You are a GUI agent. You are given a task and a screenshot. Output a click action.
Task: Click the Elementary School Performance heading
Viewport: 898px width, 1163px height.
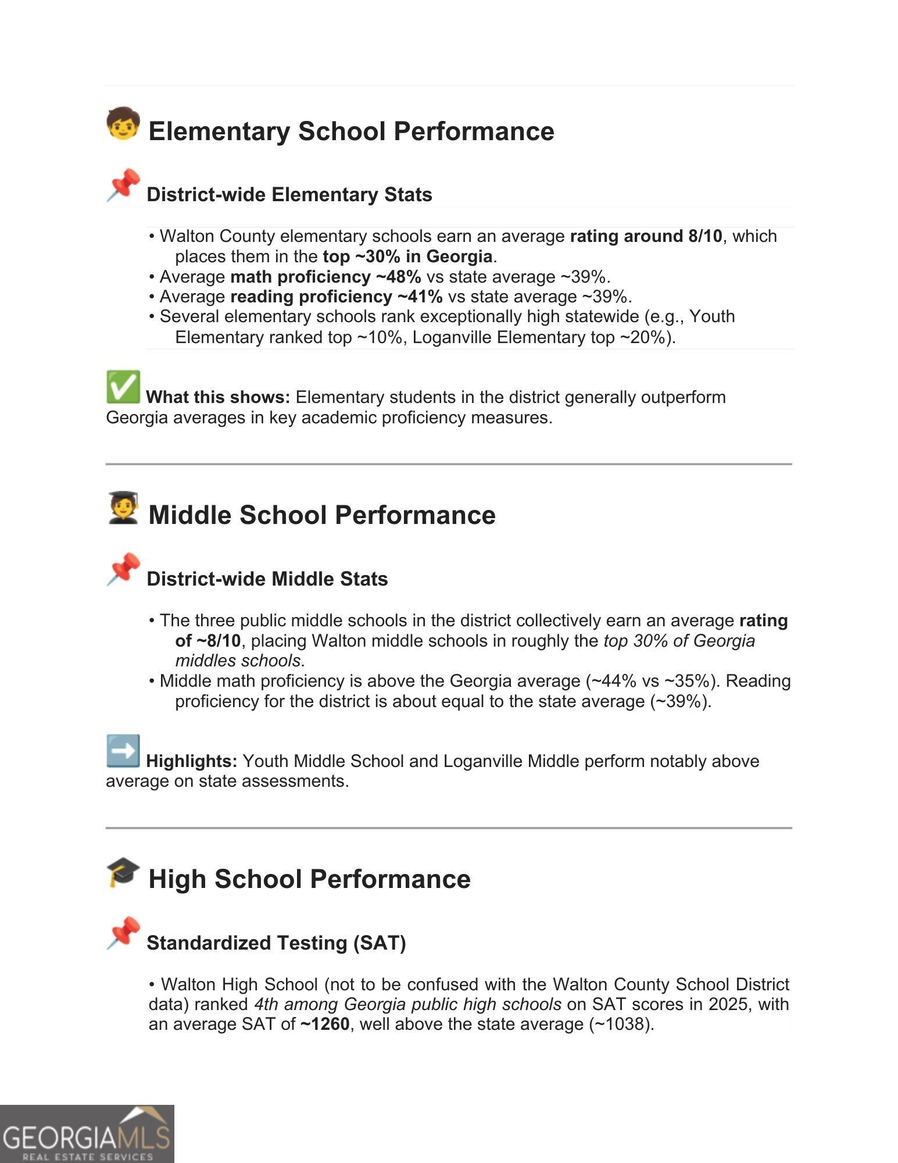coord(351,131)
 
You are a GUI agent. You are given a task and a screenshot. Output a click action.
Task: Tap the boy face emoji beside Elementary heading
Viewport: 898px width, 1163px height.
coord(123,123)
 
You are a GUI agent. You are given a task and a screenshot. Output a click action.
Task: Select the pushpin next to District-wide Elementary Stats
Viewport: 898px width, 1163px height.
coord(123,185)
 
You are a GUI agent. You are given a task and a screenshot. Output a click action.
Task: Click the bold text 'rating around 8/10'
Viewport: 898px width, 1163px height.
coord(646,236)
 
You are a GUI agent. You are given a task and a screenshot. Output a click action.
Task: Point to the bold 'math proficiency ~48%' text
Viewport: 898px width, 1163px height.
coord(325,277)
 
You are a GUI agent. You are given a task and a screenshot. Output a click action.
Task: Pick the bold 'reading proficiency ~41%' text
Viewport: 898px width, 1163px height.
coord(336,297)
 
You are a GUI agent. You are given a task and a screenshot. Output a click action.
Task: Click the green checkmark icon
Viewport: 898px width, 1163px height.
coord(123,387)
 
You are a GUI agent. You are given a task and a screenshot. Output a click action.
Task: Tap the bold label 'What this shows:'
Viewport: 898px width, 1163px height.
coord(218,397)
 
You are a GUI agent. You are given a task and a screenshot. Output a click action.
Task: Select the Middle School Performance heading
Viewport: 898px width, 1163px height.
coord(322,515)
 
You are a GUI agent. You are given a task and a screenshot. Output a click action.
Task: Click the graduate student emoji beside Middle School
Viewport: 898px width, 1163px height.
coord(123,508)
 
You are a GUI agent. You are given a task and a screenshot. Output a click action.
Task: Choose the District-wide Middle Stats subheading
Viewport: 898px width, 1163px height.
coord(267,579)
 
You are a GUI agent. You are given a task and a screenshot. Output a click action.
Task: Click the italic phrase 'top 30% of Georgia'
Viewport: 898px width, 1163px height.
coord(679,641)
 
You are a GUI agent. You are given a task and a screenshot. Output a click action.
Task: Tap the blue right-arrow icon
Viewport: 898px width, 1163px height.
coord(123,751)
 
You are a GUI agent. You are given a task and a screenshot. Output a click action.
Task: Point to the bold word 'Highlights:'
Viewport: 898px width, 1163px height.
coord(191,761)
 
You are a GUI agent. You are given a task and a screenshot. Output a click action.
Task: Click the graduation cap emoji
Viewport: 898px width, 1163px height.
coord(123,872)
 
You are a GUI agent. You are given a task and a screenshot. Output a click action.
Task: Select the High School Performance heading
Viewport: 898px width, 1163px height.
coord(309,879)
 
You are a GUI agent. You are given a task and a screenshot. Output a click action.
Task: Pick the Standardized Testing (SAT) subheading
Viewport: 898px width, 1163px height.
coord(276,943)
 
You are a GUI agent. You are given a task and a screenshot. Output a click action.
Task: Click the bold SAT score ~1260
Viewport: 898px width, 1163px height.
coord(325,1024)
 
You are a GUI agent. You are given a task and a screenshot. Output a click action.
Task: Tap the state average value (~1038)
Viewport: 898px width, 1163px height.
coord(621,1024)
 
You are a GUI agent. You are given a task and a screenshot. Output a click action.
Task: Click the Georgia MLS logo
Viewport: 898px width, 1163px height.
coord(87,1134)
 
